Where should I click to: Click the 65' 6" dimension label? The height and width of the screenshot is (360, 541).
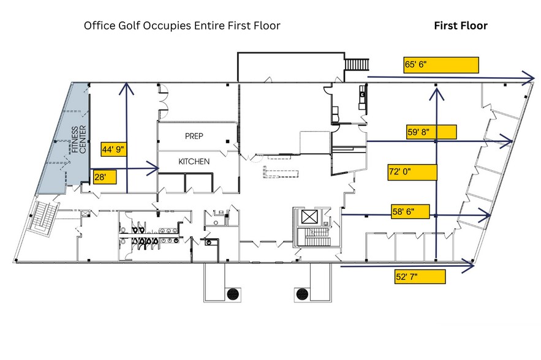[x=416, y=64]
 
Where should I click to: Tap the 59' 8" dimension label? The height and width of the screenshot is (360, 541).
[x=418, y=132]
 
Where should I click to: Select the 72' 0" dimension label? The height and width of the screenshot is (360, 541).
[x=399, y=171]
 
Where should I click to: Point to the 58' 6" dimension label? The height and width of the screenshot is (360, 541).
[x=403, y=211]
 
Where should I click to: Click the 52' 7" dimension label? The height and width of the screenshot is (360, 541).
[x=407, y=277]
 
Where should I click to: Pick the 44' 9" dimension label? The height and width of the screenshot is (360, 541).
[x=113, y=149]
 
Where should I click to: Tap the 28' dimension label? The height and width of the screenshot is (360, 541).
[x=100, y=177]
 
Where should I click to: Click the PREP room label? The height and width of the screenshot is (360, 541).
[x=194, y=136]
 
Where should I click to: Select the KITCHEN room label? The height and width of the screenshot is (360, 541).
[x=194, y=162]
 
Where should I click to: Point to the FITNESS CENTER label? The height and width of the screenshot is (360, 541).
[x=78, y=140]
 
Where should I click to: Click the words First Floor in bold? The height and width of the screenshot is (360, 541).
[x=461, y=26]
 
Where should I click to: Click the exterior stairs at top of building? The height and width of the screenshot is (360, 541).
[x=357, y=64]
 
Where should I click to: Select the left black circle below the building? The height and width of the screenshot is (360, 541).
[x=233, y=294]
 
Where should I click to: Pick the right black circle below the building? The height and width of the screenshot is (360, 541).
[x=302, y=294]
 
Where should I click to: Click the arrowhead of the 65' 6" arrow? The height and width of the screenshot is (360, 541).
[x=529, y=78]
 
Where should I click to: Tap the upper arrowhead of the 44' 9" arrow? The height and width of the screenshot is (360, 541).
[x=127, y=88]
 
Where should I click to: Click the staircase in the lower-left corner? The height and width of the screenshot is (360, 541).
[x=42, y=220]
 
